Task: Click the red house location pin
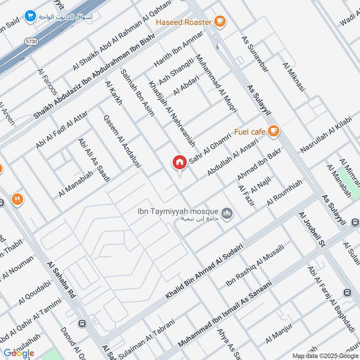pyautogui.click(x=179, y=162)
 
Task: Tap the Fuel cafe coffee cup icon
pyautogui.click(x=273, y=131)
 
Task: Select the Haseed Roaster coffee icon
pyautogui.click(x=219, y=21)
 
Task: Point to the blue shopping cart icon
pyautogui.click(x=31, y=16)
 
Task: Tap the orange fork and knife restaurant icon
pyautogui.click(x=17, y=199)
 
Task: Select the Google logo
pyautogui.click(x=18, y=353)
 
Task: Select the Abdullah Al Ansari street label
pyautogui.click(x=232, y=157)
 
